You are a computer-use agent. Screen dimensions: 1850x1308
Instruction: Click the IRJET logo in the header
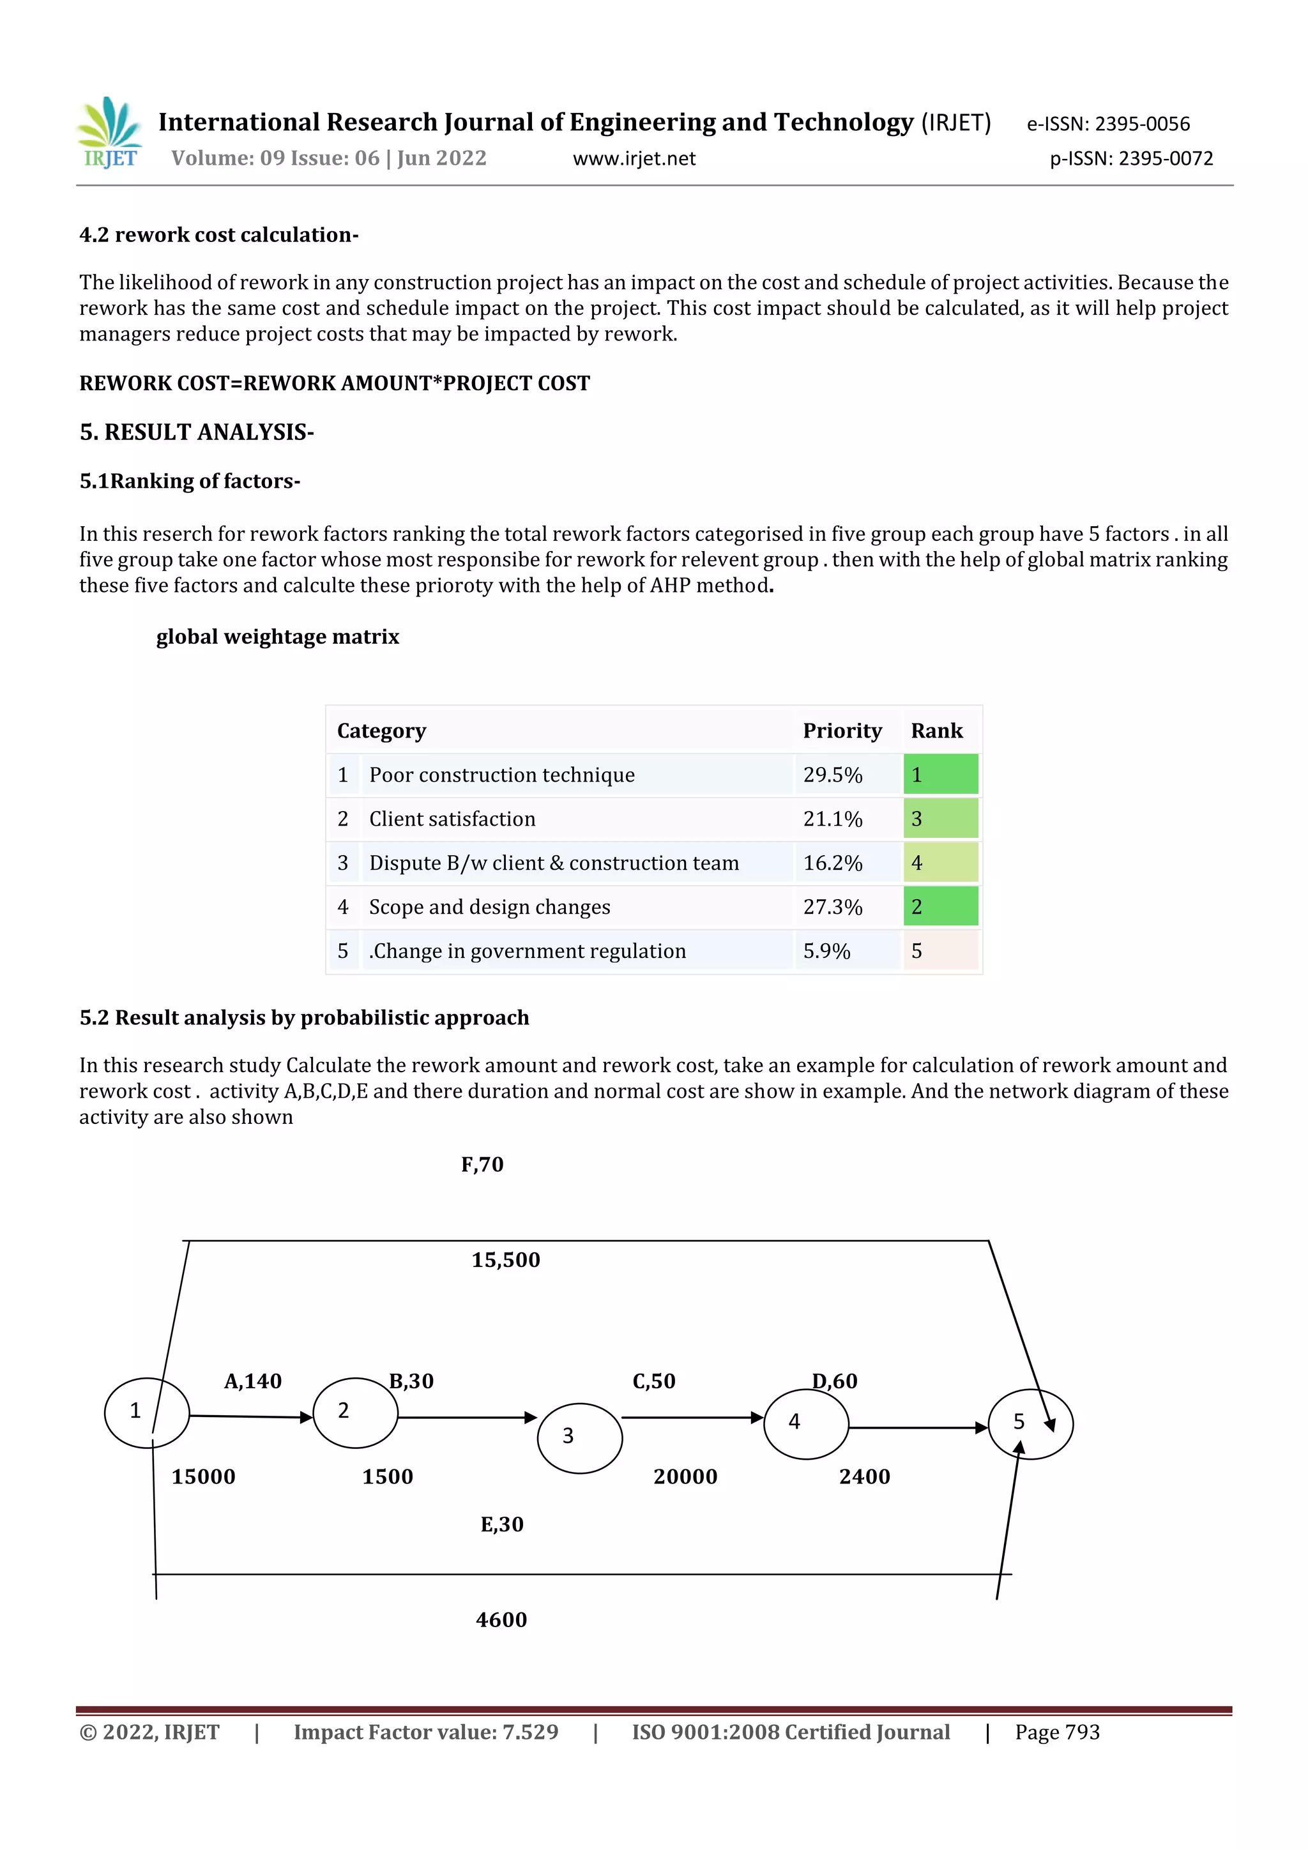pyautogui.click(x=110, y=133)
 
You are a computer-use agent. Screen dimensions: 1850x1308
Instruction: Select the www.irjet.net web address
pyautogui.click(x=634, y=159)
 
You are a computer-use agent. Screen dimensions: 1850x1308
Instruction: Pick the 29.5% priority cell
pyautogui.click(x=833, y=775)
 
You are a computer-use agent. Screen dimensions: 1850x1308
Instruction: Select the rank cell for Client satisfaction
pyautogui.click(x=939, y=819)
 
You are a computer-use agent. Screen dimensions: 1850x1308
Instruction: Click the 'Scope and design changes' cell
pyautogui.click(x=489, y=907)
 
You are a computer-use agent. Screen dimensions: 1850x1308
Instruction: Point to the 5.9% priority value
pyautogui.click(x=826, y=952)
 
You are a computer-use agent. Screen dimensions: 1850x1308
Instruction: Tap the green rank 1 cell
pyautogui.click(x=939, y=775)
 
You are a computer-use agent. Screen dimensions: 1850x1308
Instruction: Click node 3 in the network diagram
pyautogui.click(x=579, y=1438)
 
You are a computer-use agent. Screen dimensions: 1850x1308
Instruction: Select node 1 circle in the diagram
pyautogui.click(x=147, y=1413)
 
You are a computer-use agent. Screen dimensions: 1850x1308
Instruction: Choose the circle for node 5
pyautogui.click(x=1030, y=1424)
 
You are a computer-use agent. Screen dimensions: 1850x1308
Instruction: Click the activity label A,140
pyautogui.click(x=252, y=1382)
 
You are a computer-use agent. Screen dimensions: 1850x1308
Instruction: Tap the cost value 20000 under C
pyautogui.click(x=685, y=1477)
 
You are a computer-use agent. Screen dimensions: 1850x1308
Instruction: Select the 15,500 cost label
pyautogui.click(x=505, y=1260)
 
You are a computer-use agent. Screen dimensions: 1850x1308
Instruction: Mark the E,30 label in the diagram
pyautogui.click(x=502, y=1524)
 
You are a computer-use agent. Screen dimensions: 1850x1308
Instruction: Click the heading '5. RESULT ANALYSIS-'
pyautogui.click(x=197, y=433)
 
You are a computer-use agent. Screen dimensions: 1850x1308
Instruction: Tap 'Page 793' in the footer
pyautogui.click(x=1056, y=1732)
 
